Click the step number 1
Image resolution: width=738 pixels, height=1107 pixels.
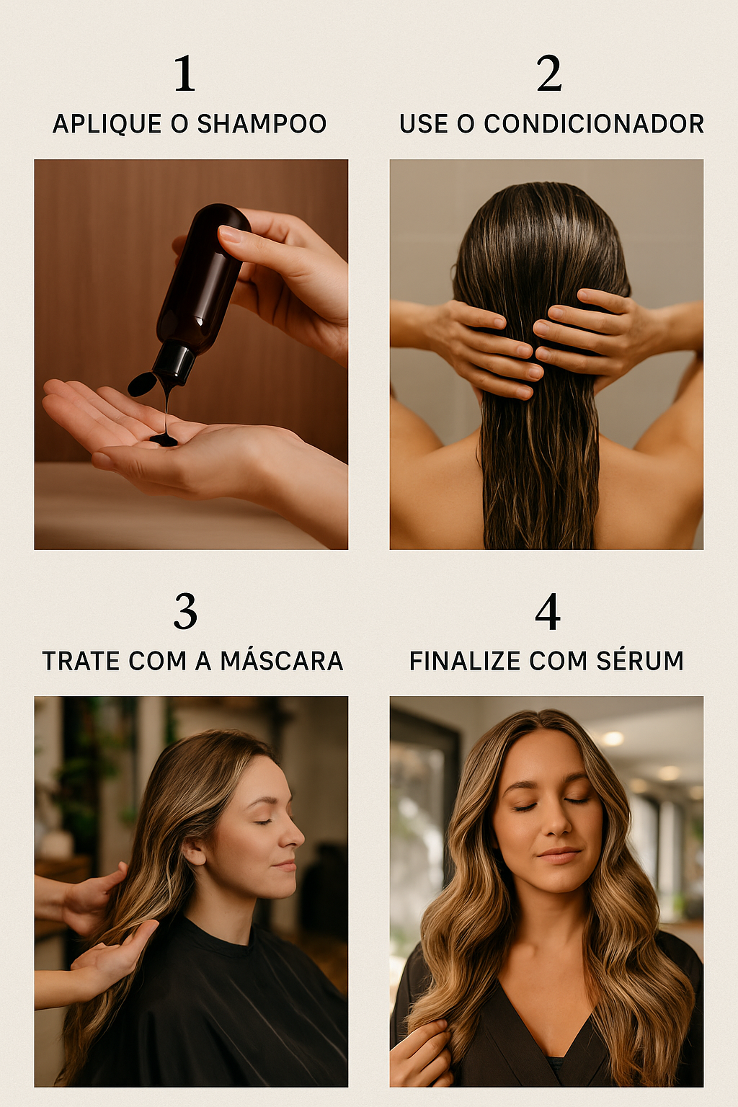pos(185,73)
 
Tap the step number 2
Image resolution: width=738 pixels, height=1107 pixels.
pos(549,73)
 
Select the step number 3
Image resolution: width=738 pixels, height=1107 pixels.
pos(185,611)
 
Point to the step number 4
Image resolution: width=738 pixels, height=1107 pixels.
pos(548,611)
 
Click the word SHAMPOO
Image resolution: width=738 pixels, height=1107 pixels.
pos(262,123)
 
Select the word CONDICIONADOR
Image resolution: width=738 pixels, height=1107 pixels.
pos(594,123)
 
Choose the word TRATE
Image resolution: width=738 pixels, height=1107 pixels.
pos(81,661)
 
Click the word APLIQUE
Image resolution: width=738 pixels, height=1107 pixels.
pos(107,123)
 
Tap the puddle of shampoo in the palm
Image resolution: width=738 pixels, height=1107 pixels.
pos(164,438)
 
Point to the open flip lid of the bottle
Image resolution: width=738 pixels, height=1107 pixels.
pos(143,383)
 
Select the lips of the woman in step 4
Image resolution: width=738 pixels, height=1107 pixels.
pos(559,854)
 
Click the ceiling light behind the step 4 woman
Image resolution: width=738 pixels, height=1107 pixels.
pos(613,738)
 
